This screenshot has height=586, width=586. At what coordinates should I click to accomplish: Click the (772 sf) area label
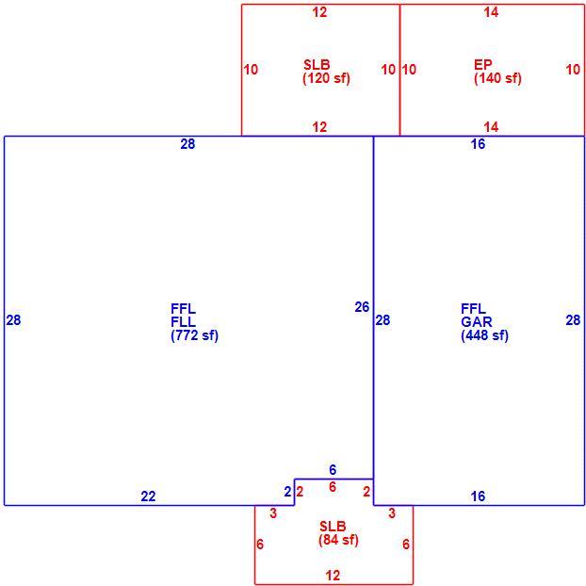click(x=194, y=335)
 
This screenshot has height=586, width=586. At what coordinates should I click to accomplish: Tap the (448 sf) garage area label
click(x=484, y=335)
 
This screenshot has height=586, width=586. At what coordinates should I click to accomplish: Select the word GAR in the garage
click(x=476, y=322)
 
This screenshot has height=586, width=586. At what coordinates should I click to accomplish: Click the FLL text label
click(x=183, y=322)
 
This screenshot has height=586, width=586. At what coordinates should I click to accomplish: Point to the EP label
click(x=483, y=65)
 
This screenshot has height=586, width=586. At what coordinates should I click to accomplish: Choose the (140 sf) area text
click(x=497, y=78)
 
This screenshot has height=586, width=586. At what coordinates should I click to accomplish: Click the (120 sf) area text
click(x=326, y=78)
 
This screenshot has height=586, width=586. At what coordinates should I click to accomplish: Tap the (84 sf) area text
click(x=338, y=540)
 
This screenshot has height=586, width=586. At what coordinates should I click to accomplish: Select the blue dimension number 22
click(x=148, y=496)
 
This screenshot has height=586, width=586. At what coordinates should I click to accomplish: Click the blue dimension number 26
click(x=362, y=307)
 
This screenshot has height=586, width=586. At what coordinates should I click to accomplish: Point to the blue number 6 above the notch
click(x=333, y=469)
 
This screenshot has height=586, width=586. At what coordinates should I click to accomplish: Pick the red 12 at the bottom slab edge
click(x=333, y=575)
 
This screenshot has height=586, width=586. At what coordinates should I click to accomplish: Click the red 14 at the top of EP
click(x=491, y=12)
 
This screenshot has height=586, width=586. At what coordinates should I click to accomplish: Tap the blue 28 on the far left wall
click(x=13, y=320)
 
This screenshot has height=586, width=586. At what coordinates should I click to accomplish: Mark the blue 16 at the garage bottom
click(x=478, y=496)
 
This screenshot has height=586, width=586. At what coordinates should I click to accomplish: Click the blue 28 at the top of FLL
click(x=187, y=144)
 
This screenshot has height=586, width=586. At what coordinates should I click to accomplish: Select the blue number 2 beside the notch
click(x=287, y=492)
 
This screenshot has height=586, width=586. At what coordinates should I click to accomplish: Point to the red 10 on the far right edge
click(x=573, y=70)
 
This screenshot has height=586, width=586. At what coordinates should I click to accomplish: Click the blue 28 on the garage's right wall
click(x=573, y=320)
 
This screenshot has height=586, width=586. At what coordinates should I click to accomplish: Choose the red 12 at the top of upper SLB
click(x=319, y=12)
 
